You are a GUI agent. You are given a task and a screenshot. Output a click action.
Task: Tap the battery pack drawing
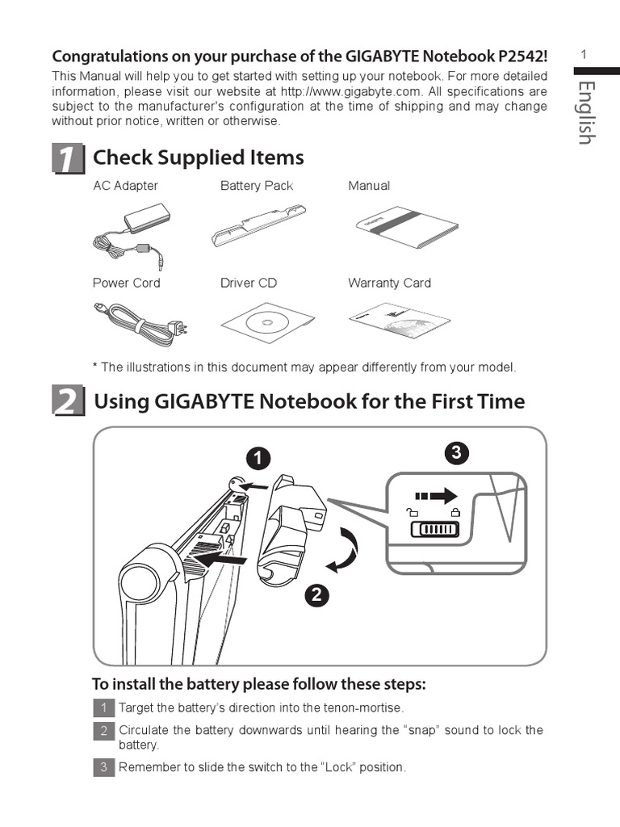pyautogui.click(x=259, y=226)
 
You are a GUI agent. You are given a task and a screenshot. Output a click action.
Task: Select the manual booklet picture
pyautogui.click(x=407, y=227)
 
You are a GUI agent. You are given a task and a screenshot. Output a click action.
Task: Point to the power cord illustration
pyautogui.click(x=140, y=324)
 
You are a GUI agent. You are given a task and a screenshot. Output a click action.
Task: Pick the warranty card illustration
pyautogui.click(x=400, y=321)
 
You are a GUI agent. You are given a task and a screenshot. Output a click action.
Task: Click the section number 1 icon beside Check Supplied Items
pyautogui.click(x=68, y=158)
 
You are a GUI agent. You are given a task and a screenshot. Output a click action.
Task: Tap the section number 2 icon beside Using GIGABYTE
pyautogui.click(x=68, y=401)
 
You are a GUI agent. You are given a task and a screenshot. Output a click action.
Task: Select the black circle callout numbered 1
pyautogui.click(x=258, y=459)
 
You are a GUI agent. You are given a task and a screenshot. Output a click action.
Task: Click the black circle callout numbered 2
pyautogui.click(x=316, y=595)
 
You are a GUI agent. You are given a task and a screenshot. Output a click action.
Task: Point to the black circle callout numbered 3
pyautogui.click(x=457, y=452)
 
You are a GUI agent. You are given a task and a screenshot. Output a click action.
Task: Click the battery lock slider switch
pyautogui.click(x=435, y=529)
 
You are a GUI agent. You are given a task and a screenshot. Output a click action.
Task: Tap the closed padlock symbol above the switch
pyautogui.click(x=455, y=511)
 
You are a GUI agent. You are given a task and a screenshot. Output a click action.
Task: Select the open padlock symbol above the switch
pyautogui.click(x=412, y=511)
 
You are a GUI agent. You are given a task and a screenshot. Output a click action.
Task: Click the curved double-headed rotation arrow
pyautogui.click(x=344, y=550)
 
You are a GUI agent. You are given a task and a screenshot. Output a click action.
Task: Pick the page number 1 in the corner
pyautogui.click(x=584, y=54)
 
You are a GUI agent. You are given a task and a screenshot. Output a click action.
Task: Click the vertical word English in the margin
pyautogui.click(x=587, y=113)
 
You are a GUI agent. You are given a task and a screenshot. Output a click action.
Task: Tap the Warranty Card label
pyautogui.click(x=389, y=283)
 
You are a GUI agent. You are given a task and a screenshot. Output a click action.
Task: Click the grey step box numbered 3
pyautogui.click(x=104, y=767)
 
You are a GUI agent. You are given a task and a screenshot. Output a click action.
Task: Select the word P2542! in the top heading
pyautogui.click(x=523, y=56)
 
